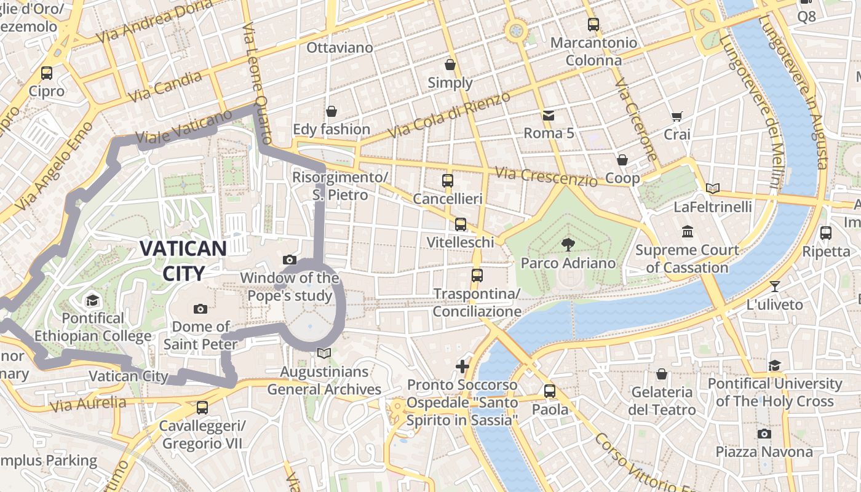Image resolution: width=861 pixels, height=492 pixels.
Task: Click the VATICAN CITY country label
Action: (x=183, y=260)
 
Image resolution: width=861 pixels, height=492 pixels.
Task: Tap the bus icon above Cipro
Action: (x=47, y=73)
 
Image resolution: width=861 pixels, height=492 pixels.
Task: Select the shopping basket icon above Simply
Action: (x=450, y=65)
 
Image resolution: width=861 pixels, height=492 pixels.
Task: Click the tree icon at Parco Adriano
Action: (x=567, y=245)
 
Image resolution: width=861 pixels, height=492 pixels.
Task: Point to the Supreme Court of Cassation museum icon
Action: (x=687, y=232)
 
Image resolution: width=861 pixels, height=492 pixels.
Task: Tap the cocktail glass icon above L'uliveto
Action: (x=774, y=286)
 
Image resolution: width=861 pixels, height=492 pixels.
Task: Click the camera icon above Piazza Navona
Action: (x=764, y=434)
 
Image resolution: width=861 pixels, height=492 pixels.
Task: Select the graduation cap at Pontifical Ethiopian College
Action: (x=92, y=300)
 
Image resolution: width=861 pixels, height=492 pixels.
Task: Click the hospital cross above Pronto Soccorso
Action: (x=462, y=367)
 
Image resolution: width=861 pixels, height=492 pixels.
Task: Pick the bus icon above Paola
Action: (x=550, y=391)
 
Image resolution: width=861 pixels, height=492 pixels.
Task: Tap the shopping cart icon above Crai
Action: (x=676, y=116)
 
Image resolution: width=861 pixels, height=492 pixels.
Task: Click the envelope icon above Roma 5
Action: (x=548, y=115)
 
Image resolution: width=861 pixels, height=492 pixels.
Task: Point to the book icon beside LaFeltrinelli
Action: (x=712, y=189)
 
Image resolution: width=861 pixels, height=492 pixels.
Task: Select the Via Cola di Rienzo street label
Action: (x=450, y=115)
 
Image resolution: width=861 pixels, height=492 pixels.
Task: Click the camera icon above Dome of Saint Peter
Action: (x=200, y=309)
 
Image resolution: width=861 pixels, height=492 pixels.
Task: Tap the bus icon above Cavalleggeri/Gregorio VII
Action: (x=202, y=407)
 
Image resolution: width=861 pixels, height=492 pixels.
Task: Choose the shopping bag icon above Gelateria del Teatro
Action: (x=662, y=374)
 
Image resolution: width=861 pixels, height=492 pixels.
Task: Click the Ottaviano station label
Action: (x=339, y=47)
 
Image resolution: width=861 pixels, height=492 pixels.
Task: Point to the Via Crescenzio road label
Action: (x=547, y=177)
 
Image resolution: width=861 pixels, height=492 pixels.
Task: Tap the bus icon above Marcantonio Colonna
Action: (x=593, y=25)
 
